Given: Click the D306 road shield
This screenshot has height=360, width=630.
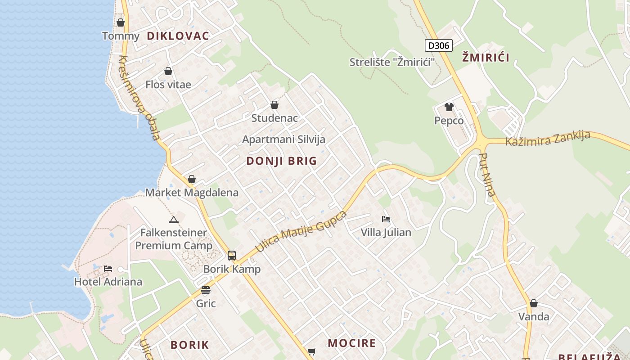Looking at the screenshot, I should (x=438, y=45).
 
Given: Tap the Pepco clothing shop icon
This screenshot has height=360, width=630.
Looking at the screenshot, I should (x=449, y=107).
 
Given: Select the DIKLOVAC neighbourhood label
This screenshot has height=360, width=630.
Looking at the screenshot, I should (x=178, y=36).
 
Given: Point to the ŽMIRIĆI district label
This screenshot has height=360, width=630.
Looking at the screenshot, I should (x=486, y=57).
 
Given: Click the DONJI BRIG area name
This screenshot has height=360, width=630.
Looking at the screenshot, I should (x=282, y=161).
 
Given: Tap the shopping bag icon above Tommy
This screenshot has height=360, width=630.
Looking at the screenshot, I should (x=121, y=22).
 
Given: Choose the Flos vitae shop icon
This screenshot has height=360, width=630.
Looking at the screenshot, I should (x=168, y=71).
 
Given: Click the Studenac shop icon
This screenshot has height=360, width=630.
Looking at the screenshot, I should (x=274, y=105).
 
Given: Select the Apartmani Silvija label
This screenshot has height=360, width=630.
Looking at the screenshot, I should (x=283, y=139).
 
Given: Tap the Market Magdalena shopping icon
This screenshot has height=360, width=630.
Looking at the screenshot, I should (x=192, y=179).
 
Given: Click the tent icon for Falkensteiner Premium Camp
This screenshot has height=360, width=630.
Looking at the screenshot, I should (x=174, y=220).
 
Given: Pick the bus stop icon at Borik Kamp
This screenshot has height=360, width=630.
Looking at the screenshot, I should (x=232, y=256).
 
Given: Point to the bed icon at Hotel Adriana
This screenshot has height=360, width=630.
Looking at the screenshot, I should (x=108, y=269).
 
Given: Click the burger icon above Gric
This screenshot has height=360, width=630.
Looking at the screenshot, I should (x=206, y=290).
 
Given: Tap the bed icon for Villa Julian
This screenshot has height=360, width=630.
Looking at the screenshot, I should (x=386, y=219).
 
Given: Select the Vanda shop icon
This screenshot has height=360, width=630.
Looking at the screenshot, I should (x=534, y=303).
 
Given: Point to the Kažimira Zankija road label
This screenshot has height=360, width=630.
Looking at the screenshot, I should (x=548, y=139).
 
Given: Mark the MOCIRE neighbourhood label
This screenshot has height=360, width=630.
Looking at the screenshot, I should (x=351, y=343).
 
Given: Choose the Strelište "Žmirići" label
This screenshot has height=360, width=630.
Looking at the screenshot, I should (x=392, y=62).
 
